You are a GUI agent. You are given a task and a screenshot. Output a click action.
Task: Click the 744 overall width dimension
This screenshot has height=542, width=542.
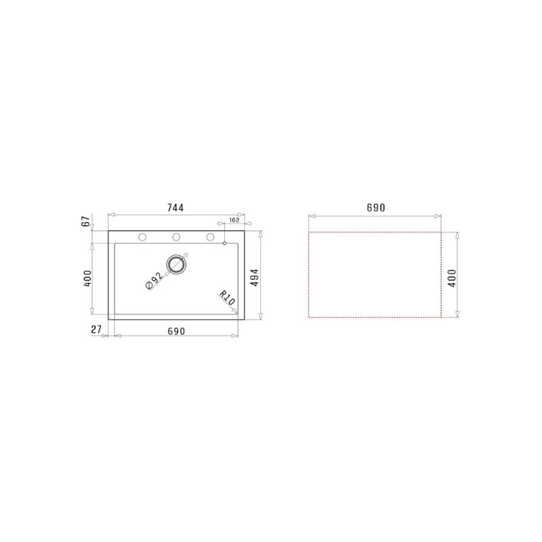[x=175, y=208]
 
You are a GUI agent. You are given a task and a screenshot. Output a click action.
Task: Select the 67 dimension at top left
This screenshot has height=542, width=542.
[x=85, y=222]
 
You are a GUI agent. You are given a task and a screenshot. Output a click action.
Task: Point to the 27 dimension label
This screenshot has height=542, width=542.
[x=96, y=330]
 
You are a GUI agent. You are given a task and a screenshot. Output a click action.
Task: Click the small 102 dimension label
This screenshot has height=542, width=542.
[x=234, y=220]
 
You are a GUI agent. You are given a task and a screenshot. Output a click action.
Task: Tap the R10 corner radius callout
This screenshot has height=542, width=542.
[x=226, y=298]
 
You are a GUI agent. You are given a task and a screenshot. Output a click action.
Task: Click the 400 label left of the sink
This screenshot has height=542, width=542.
[x=86, y=278]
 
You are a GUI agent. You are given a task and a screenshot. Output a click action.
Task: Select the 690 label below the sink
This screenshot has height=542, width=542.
[x=175, y=330]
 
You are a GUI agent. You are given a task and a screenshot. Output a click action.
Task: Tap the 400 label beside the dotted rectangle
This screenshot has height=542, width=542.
[x=452, y=278]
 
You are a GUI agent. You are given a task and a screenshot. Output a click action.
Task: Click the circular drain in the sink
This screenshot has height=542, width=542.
[x=176, y=264]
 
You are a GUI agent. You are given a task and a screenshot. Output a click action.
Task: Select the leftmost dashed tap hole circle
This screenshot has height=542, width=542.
[x=142, y=237]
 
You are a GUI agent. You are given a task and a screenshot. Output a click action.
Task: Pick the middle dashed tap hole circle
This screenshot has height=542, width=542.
[x=176, y=237]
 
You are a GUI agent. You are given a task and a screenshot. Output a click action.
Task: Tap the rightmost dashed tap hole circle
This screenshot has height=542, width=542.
[x=210, y=237]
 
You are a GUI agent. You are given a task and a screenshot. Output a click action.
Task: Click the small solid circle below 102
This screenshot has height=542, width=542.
[x=224, y=243]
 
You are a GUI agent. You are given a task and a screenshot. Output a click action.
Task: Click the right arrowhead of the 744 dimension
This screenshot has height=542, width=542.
[x=241, y=215]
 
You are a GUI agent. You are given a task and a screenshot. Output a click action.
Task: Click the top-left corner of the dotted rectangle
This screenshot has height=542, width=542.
[x=309, y=232]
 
